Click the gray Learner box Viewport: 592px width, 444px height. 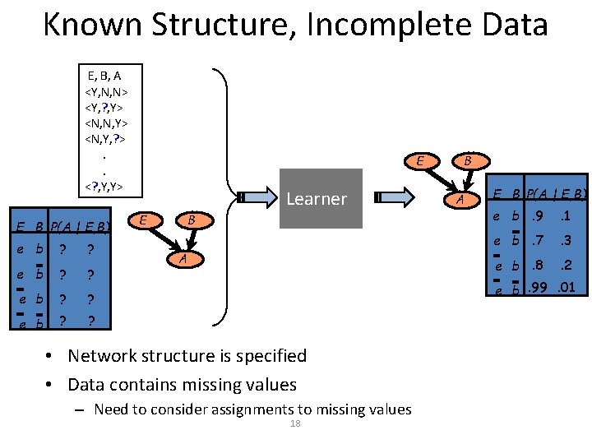321,198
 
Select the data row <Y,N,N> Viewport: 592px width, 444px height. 106,91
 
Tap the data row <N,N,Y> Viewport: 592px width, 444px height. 106,123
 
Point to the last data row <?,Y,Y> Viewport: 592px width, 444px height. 104,186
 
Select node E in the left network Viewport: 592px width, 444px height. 144,220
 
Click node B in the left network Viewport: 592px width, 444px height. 191,220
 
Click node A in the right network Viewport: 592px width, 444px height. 462,199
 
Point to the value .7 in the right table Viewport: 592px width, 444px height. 538,241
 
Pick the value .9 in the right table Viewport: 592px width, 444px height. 538,218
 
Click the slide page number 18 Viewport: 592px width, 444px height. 296,423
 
